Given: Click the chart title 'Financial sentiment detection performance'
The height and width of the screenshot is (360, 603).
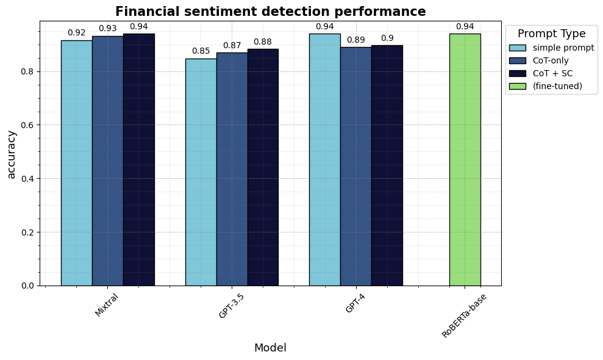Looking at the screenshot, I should click(270, 12).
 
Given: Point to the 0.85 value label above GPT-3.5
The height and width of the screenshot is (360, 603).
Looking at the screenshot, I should click(201, 51).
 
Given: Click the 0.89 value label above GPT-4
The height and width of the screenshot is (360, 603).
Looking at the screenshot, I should click(356, 40).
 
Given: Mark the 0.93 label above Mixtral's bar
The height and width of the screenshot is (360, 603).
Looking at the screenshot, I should click(108, 29).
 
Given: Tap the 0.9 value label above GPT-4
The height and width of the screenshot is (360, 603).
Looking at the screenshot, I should click(387, 38).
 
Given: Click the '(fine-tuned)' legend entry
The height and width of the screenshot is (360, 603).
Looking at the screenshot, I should click(557, 86).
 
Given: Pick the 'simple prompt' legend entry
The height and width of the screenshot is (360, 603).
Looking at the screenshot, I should click(563, 48).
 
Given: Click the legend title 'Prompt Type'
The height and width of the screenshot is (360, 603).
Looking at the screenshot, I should click(551, 34).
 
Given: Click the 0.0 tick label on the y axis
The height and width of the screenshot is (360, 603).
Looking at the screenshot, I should click(29, 286).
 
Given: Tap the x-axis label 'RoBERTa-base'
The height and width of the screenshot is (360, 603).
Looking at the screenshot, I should click(465, 316).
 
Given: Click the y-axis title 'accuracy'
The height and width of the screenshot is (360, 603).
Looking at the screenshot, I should click(12, 154).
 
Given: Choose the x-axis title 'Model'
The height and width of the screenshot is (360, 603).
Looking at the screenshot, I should click(270, 348).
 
